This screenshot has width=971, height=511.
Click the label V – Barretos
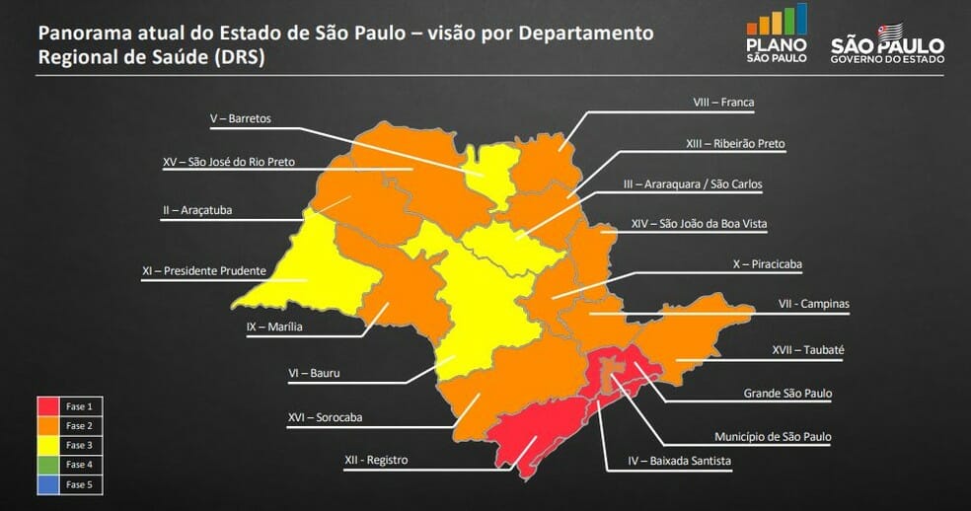point(240,118)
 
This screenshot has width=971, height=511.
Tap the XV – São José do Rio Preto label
point(228,162)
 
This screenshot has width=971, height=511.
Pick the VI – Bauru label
point(312,374)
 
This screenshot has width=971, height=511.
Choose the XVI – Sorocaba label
point(325,417)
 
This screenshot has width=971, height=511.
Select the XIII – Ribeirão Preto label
point(735,143)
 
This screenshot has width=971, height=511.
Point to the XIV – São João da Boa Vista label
point(699,224)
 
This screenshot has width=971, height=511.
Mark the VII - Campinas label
point(813,304)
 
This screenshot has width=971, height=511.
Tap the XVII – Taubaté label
point(808,349)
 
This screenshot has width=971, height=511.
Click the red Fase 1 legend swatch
point(48,406)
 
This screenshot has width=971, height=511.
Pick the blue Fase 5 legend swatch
point(48,483)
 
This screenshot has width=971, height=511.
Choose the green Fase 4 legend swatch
point(48,464)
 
